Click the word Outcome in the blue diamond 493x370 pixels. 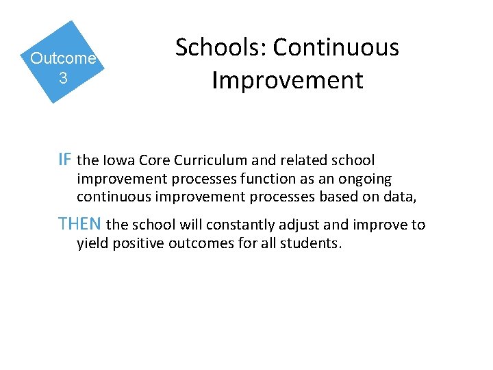coord(63,58)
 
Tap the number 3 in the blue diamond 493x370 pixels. coord(63,78)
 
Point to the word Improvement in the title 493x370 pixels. coord(287,80)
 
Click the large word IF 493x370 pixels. coord(65,160)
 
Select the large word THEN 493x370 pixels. coord(81,224)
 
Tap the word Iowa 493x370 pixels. coord(118,161)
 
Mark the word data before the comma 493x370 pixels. coord(400,198)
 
